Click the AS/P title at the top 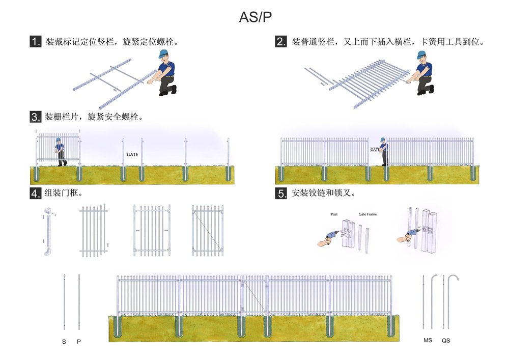[x=256, y=17]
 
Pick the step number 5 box [x=281, y=193]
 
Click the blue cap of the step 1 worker [x=164, y=53]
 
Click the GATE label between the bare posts [x=132, y=154]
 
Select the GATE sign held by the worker [x=375, y=150]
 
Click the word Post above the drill [x=334, y=214]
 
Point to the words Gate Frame [x=367, y=214]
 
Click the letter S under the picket [x=64, y=341]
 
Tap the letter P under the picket [x=79, y=341]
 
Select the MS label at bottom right [x=428, y=340]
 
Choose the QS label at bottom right [x=446, y=340]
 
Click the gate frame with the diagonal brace [x=208, y=230]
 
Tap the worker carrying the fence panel [x=61, y=150]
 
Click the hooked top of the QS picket [x=454, y=279]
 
